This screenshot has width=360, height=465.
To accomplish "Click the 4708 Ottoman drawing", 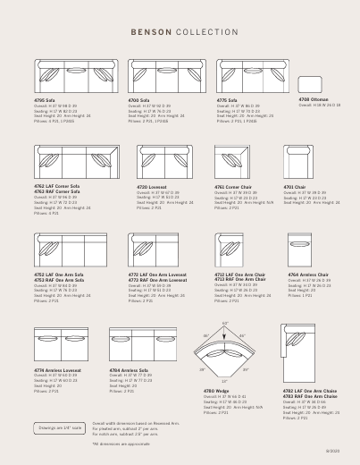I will tap(314, 85).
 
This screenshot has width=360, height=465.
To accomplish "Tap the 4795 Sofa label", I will tap(47, 100).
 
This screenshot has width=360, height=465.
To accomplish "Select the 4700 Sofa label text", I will tap(139, 100).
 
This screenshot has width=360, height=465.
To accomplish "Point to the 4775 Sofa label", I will tap(228, 100).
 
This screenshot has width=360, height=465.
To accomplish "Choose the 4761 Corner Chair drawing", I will tap(230, 163).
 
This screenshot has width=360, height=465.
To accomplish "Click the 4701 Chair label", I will tap(295, 187).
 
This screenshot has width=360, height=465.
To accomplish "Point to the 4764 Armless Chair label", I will tap(306, 275).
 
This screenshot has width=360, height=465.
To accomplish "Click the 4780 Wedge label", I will tap(217, 391).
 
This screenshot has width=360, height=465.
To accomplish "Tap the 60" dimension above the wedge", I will tap(225, 323).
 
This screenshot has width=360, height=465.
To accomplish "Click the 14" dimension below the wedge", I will tap(224, 381).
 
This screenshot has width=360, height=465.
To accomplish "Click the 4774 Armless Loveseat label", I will tap(54, 368).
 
